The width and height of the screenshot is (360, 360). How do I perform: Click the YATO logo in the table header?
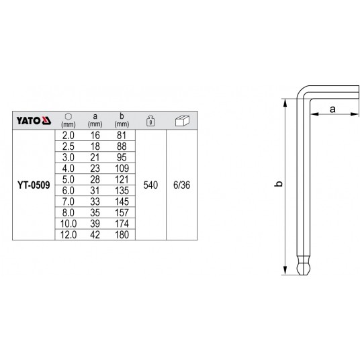coord(34,120)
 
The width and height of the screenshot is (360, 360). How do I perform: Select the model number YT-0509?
coord(34,185)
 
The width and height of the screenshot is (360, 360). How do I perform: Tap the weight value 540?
coord(150,185)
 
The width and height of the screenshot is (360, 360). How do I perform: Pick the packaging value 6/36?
coord(181,185)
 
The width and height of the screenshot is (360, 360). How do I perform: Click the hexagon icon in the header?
coord(69,117)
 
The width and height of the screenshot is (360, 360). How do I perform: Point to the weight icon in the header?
coord(150,120)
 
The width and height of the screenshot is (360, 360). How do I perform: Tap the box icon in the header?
coord(182,121)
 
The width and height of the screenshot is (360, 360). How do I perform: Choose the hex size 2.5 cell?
coord(69,146)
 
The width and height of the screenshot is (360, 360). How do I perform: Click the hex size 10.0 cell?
coord(69,224)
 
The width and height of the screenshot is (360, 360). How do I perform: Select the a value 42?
coord(95,235)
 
